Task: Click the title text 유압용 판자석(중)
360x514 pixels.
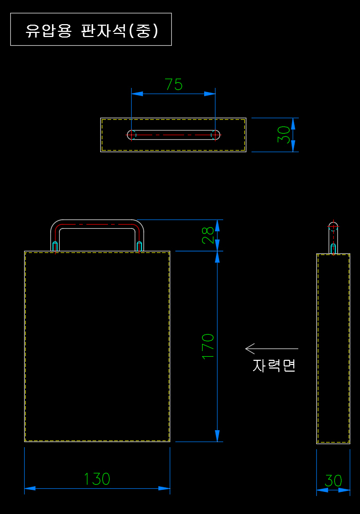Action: point(92,30)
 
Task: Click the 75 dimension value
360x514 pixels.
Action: point(173,84)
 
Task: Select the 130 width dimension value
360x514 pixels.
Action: point(97,479)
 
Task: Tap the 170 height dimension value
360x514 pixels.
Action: point(208,346)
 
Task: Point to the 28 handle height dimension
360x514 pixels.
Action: point(208,235)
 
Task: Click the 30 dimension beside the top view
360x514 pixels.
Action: point(284,135)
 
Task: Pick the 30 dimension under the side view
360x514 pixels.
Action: point(333,481)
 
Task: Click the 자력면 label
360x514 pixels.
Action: point(274,365)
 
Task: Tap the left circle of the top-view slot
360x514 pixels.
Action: point(132,135)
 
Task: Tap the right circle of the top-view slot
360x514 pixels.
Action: point(215,135)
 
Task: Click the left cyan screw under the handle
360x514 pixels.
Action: point(55,246)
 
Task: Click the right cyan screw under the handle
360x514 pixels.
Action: point(139,246)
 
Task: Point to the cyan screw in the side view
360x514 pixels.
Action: point(333,248)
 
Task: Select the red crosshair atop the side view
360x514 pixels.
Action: point(333,226)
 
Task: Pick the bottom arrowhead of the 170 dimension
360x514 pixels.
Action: point(217,435)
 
